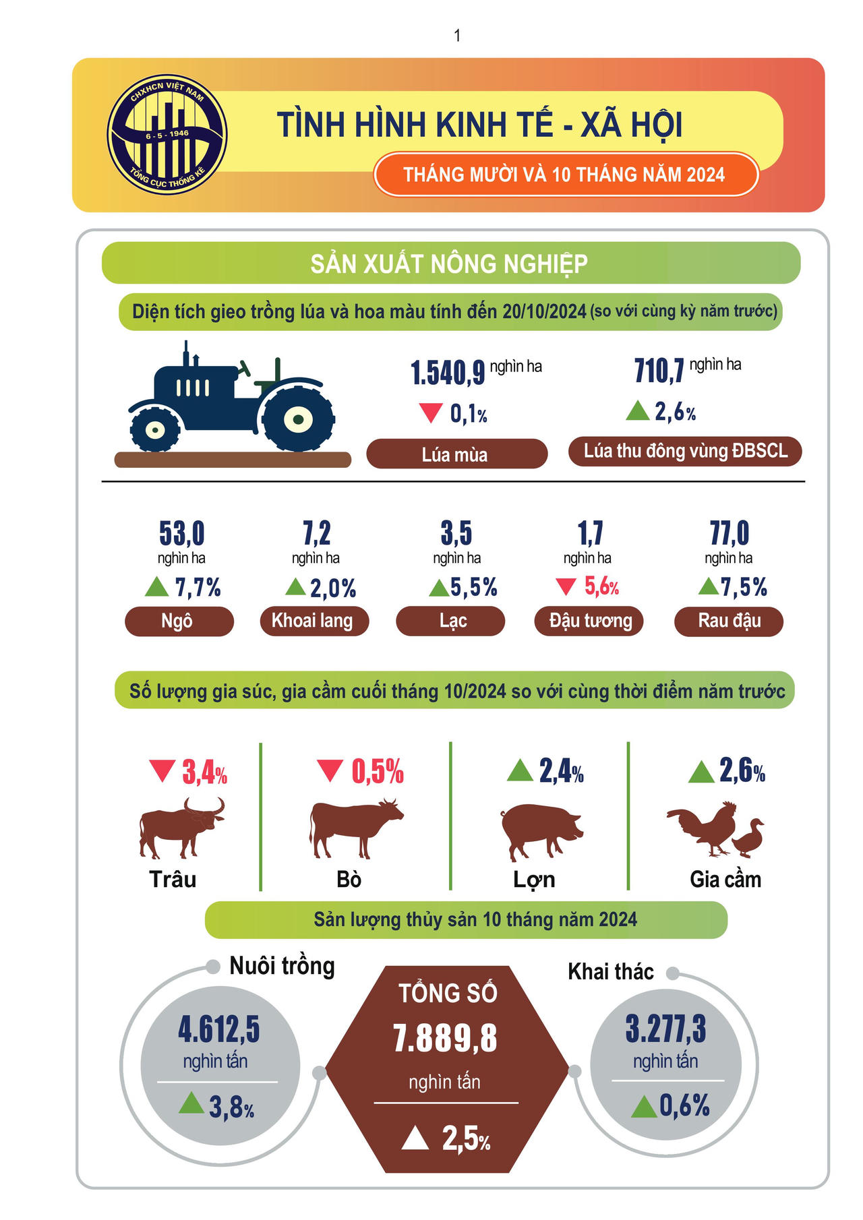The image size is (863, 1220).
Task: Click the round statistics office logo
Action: pyautogui.click(x=167, y=135)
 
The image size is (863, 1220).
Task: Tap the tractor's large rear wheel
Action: pyautogui.click(x=297, y=419)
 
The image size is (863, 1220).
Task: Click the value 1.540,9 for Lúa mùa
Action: pyautogui.click(x=448, y=372)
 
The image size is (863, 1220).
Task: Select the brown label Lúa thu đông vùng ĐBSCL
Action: pyautogui.click(x=685, y=451)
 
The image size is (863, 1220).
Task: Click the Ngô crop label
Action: pyautogui.click(x=179, y=621)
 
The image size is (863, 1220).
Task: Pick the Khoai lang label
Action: pyautogui.click(x=314, y=621)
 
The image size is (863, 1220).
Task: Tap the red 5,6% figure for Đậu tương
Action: pyautogui.click(x=601, y=586)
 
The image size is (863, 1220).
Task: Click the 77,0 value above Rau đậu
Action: pyautogui.click(x=730, y=533)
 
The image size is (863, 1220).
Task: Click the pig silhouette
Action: pyautogui.click(x=541, y=831)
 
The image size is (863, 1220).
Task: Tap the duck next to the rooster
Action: pyautogui.click(x=749, y=838)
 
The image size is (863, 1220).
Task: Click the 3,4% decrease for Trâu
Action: pyautogui.click(x=204, y=772)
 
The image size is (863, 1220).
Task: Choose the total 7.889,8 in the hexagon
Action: pyautogui.click(x=446, y=1038)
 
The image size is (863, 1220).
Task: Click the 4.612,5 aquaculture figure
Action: pyautogui.click(x=218, y=1029)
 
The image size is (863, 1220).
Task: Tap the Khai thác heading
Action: pyautogui.click(x=611, y=971)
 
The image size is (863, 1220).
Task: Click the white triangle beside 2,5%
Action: pyautogui.click(x=415, y=1138)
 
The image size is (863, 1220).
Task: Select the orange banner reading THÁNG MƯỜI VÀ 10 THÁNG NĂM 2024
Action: pyautogui.click(x=565, y=175)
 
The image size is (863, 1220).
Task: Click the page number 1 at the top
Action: pyautogui.click(x=457, y=35)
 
